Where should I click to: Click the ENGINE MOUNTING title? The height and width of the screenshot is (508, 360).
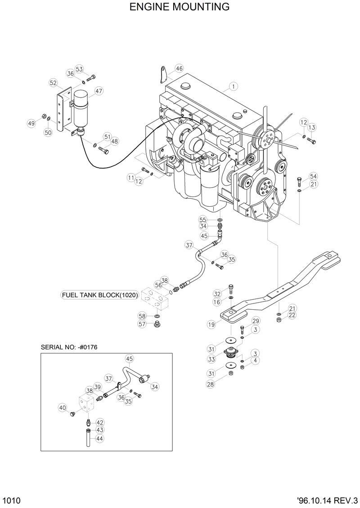(x=180, y=7)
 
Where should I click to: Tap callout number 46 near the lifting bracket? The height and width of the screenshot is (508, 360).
(x=179, y=69)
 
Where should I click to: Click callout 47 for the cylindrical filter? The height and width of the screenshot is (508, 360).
(x=99, y=91)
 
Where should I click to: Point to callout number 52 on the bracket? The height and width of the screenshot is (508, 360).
(x=54, y=83)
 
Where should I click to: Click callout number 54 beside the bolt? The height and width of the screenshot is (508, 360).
(x=313, y=176)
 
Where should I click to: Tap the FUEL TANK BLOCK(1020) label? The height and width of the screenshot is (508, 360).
(x=99, y=295)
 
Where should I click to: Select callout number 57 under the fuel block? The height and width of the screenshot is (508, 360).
(x=142, y=325)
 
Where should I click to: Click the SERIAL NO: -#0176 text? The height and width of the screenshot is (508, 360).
(x=69, y=347)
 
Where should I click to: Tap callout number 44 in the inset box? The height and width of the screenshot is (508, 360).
(x=99, y=438)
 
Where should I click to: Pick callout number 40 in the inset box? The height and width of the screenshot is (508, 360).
(x=63, y=408)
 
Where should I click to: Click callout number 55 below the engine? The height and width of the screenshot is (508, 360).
(x=203, y=219)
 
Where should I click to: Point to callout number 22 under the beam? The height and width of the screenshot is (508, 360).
(x=292, y=316)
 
